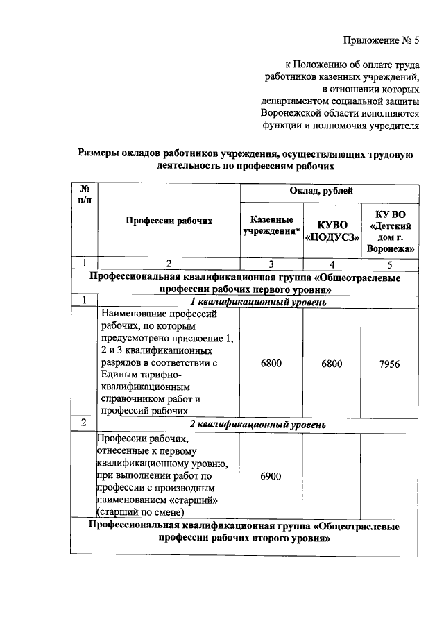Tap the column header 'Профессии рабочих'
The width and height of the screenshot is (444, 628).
[169, 221]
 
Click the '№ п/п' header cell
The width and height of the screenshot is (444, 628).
[85, 194]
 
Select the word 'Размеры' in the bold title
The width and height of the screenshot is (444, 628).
[99, 154]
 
